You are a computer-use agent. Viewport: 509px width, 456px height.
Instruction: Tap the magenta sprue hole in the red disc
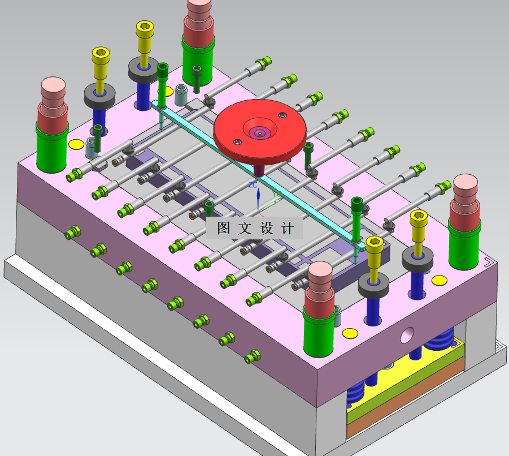point(260,132)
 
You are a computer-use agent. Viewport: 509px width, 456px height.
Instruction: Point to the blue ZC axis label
point(253,185)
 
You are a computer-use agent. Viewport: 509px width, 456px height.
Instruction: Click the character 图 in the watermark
point(223,228)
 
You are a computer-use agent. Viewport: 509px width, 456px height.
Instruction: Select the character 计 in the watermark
point(288,228)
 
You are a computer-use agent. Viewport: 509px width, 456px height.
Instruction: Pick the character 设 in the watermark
point(267,228)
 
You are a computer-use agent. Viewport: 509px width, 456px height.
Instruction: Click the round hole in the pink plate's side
point(407,335)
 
